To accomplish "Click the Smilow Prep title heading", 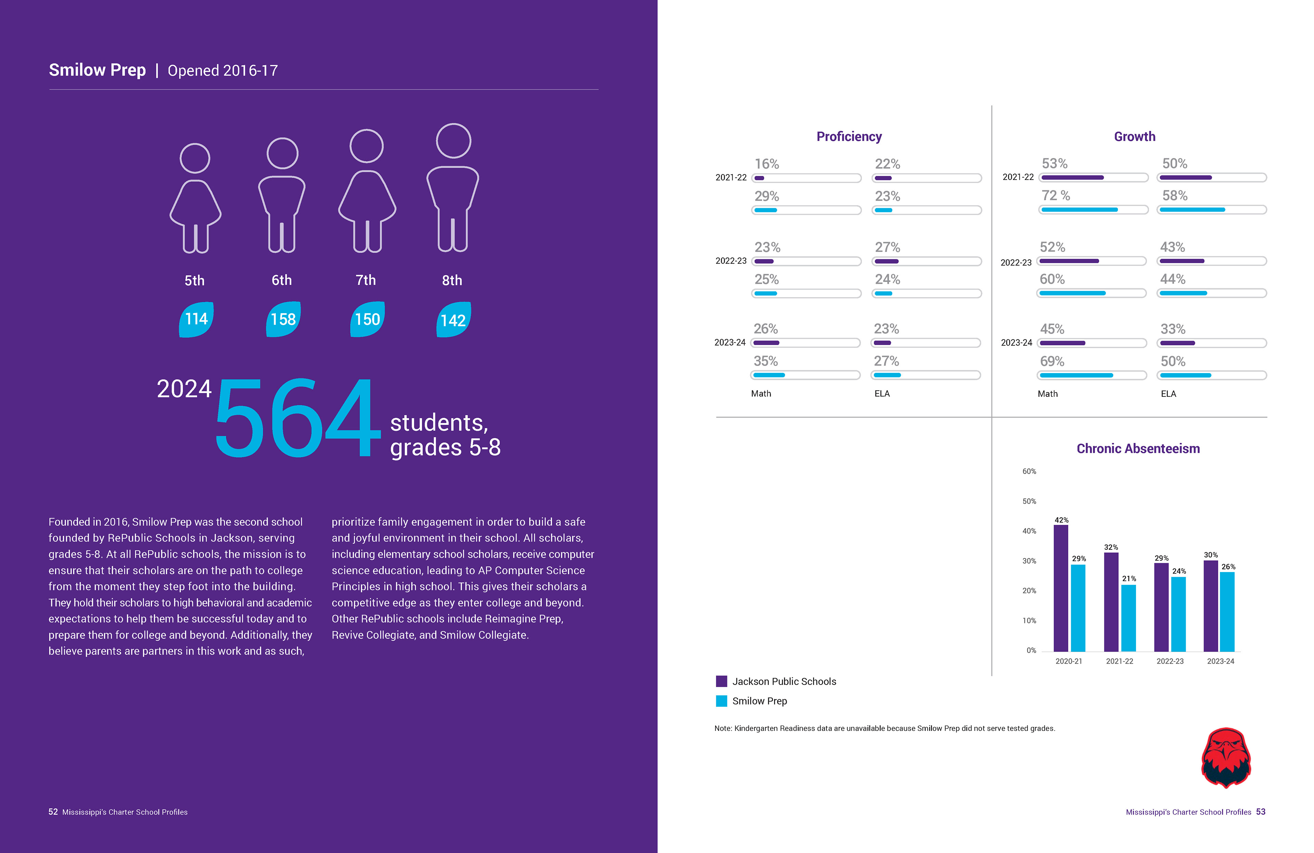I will pos(97,70).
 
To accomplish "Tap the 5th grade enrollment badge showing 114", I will pos(196,319).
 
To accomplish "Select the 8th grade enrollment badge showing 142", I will pos(453,320).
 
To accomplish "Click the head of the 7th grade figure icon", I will pos(366,146).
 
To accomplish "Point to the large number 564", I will pos(297,418).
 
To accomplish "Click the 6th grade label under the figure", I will pos(282,280).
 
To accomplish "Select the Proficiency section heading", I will pos(849,136).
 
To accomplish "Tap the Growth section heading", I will pos(1134,136).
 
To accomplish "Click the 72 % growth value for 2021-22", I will pos(1055,195).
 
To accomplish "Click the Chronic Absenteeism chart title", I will pos(1138,448).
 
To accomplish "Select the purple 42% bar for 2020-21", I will pos(1060,588).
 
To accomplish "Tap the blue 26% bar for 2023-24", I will pos(1227,611).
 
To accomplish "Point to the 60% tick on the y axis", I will pos(1029,471).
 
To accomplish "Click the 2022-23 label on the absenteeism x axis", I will pos(1170,661).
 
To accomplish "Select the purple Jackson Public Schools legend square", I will pos(721,681).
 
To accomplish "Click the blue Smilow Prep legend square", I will pos(721,701).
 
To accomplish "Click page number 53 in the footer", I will pos(1260,812).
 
